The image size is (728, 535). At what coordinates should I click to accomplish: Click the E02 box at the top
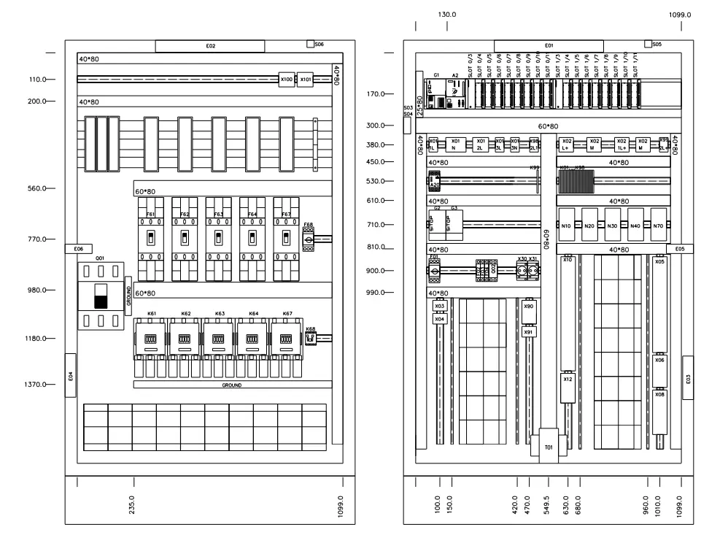pyautogui.click(x=210, y=46)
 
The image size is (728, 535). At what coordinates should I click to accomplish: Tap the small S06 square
pyautogui.click(x=311, y=45)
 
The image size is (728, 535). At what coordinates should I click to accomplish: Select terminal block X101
pyautogui.click(x=306, y=79)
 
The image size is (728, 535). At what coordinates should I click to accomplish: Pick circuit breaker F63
pyautogui.click(x=218, y=238)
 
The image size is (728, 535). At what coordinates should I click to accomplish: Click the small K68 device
pyautogui.click(x=310, y=338)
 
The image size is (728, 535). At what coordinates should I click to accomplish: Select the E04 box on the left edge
pyautogui.click(x=71, y=375)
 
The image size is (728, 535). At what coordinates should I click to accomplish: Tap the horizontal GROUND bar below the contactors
pyautogui.click(x=233, y=385)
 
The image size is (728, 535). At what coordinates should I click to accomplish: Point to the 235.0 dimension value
pyautogui.click(x=132, y=503)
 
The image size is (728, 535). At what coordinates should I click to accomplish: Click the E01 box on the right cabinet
pyautogui.click(x=549, y=46)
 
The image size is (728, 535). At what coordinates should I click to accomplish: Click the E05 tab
pyautogui.click(x=679, y=249)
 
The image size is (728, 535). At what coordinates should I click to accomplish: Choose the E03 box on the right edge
pyautogui.click(x=688, y=378)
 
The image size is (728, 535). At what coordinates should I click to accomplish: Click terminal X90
pyautogui.click(x=529, y=307)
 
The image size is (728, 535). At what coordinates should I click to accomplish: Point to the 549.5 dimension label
pyautogui.click(x=548, y=503)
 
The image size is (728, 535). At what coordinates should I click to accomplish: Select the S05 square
pyautogui.click(x=648, y=45)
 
